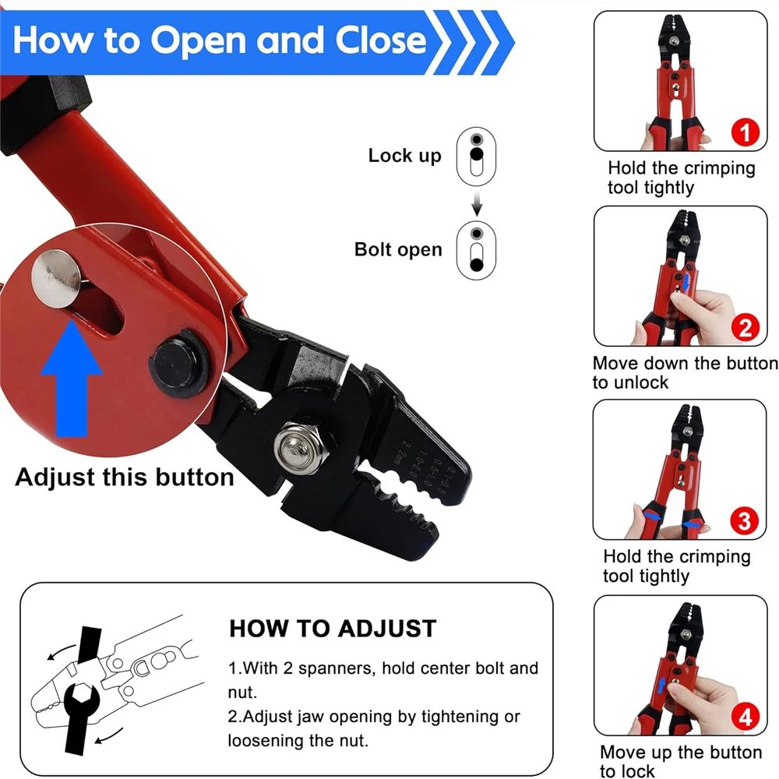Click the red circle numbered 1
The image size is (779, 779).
click(746, 132)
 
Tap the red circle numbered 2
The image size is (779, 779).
click(746, 327)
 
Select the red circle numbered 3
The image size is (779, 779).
click(744, 521)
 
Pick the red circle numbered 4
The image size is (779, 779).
click(746, 717)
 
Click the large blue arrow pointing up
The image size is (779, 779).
click(72, 379)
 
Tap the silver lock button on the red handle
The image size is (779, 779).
click(55, 279)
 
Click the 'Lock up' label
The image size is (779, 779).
click(404, 156)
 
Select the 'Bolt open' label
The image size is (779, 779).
click(398, 249)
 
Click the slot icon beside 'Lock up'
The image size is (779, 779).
click(477, 157)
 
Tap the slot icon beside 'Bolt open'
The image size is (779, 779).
click(477, 250)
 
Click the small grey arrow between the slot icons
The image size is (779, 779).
click(477, 203)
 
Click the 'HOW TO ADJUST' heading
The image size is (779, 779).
click(333, 629)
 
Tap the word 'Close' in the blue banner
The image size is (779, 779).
click(381, 40)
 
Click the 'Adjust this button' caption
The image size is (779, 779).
click(125, 477)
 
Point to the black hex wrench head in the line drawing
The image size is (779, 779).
click(82, 700)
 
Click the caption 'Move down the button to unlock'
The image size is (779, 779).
click(685, 372)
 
